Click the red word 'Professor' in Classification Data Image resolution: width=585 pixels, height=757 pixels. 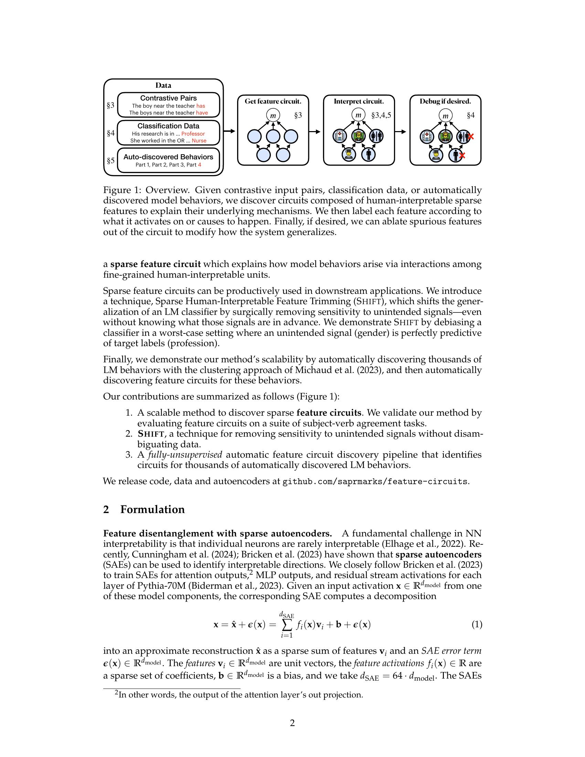coord(193,134)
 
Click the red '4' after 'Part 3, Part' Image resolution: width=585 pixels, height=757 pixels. coord(199,165)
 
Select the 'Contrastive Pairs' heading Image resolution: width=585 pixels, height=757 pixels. coord(168,98)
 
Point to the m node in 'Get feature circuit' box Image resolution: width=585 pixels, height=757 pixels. coord(273,115)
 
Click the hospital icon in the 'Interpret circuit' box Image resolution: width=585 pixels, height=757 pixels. coord(339,136)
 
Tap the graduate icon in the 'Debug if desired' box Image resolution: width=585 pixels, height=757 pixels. coord(435,155)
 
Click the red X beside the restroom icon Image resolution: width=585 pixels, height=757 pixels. coord(470,137)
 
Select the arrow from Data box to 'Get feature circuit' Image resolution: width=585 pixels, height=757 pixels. coord(230,131)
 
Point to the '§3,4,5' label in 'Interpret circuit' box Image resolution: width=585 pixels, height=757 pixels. coord(381,115)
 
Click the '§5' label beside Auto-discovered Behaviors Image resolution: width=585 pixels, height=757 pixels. coord(110,161)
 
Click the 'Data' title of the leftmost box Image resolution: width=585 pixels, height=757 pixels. coord(163,85)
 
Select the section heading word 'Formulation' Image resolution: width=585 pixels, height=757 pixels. coord(152,510)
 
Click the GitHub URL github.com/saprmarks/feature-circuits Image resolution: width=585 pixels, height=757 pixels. coord(375,481)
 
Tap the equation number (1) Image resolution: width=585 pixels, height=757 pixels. coord(477,625)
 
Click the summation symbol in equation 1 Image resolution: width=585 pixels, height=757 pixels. coord(287,625)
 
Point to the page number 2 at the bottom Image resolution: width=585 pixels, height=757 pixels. coord(292,723)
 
